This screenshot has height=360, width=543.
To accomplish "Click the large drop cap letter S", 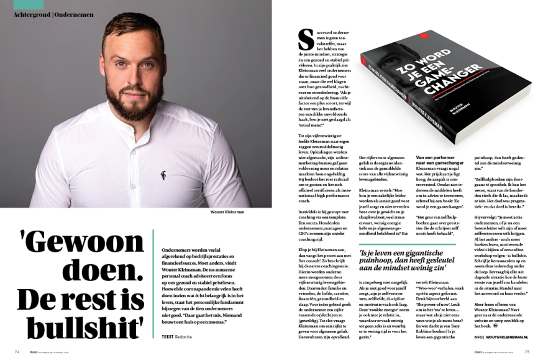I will tap(306, 40).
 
